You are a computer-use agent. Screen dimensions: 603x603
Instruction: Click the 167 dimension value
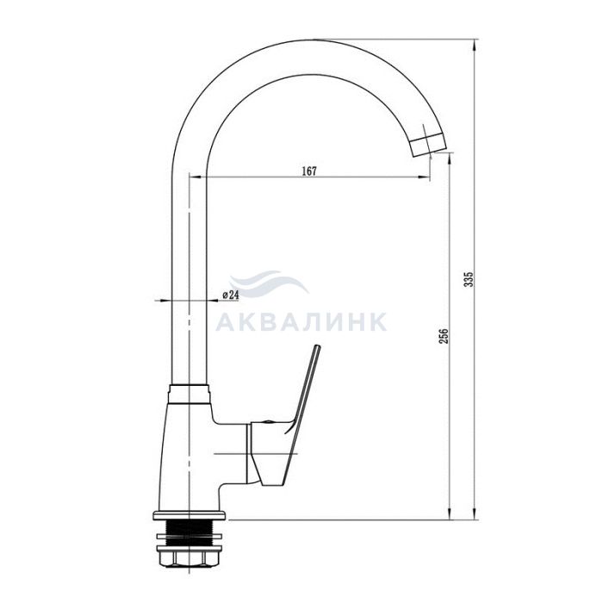pos(308,171)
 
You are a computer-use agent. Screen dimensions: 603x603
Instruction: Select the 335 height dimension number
pos(469,280)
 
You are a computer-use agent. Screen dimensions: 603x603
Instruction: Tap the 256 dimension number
pos(444,336)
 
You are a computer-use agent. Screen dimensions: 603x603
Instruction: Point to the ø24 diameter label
pos(230,295)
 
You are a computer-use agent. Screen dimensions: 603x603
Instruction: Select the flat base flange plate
pos(190,515)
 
